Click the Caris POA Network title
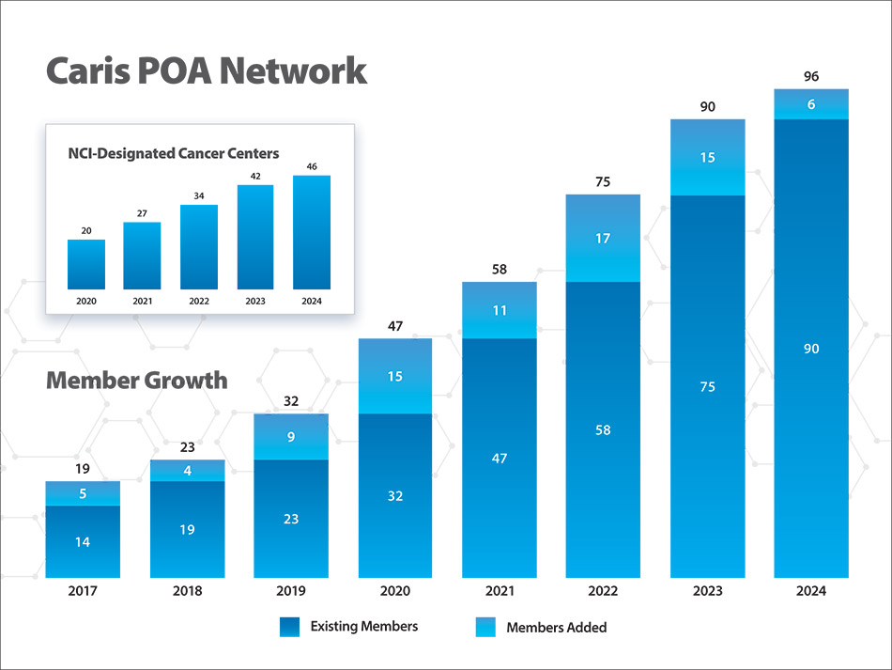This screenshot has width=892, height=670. (207, 71)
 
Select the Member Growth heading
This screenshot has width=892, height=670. (136, 381)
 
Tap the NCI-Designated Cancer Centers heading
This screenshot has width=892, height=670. (174, 153)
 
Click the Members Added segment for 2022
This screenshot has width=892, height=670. (603, 238)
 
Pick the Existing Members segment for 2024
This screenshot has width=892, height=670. (811, 348)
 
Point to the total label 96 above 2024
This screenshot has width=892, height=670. (811, 76)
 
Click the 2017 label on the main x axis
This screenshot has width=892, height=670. (83, 591)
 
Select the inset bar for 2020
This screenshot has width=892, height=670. (86, 264)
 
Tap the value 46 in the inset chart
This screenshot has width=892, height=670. (312, 167)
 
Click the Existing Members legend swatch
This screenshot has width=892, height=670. (289, 627)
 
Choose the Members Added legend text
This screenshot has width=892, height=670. (557, 627)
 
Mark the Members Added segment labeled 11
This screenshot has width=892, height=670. (500, 310)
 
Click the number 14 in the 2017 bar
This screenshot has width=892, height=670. (83, 542)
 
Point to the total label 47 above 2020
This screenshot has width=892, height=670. (395, 326)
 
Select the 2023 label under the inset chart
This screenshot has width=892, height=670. (255, 301)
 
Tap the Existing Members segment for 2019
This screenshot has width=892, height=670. (291, 519)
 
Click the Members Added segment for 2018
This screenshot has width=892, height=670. (187, 471)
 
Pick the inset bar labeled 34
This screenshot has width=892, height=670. (199, 246)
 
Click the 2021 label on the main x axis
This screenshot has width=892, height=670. (500, 591)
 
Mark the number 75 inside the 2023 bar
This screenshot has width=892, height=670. (707, 386)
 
